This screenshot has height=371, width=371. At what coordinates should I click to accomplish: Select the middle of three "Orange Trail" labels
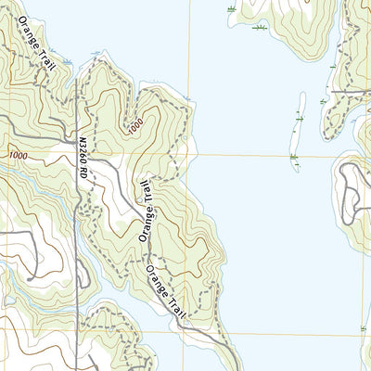point(145,211)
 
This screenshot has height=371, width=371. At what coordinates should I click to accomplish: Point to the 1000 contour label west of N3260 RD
point(19,157)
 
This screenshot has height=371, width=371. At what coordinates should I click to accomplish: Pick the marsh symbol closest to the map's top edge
point(231,8)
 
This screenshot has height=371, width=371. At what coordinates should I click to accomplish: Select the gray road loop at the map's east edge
point(352,190)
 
